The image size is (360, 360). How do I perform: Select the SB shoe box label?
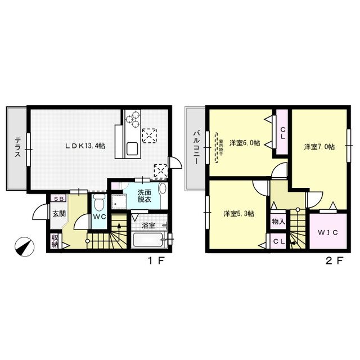point(58,199)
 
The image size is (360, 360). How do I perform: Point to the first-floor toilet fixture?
point(98,204)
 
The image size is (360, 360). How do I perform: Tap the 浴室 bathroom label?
point(148,226)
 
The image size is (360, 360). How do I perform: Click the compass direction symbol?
point(24,246)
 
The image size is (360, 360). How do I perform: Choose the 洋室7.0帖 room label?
point(319,147)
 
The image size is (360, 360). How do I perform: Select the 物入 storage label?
point(278,222)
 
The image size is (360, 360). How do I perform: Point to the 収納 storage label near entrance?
point(55,241)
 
